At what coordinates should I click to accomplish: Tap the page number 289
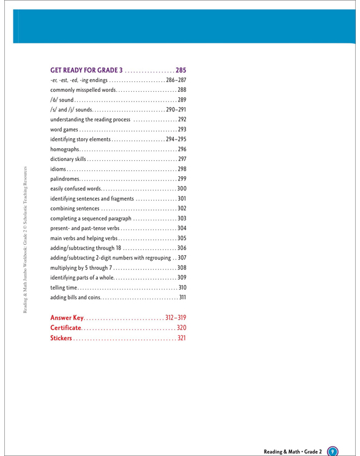[x=182, y=100]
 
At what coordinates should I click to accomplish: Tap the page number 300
[x=182, y=189]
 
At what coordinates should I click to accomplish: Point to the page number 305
[x=182, y=239]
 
